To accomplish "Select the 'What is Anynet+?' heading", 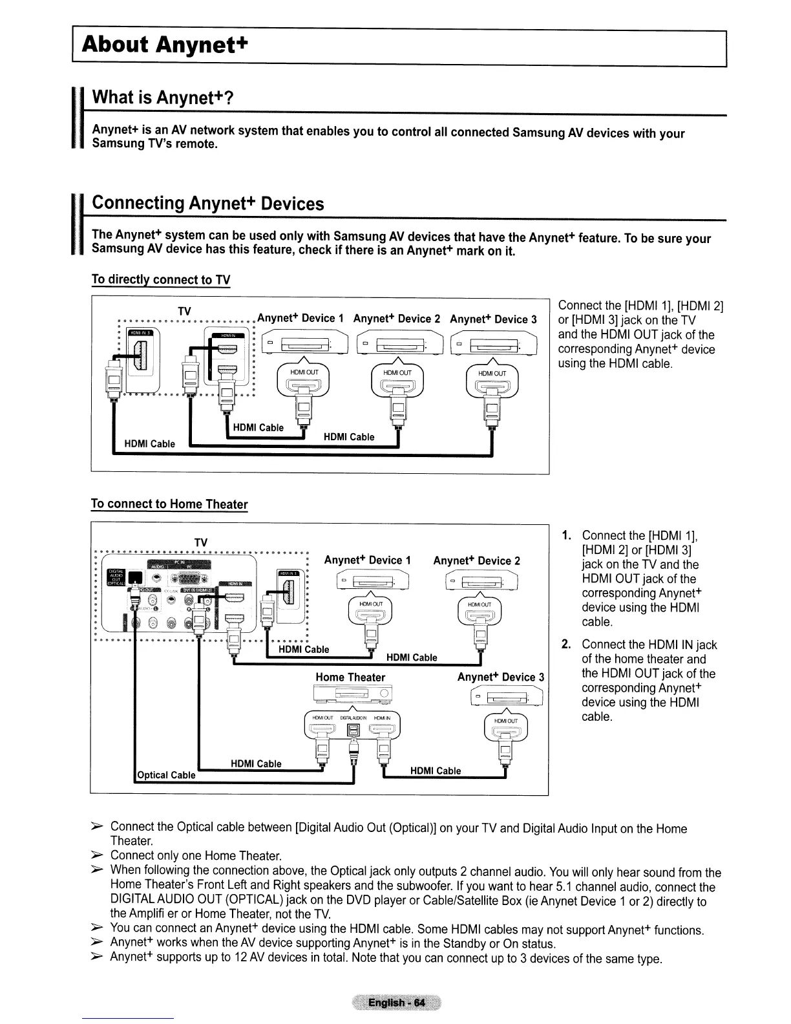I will [162, 98].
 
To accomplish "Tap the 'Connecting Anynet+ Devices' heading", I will [207, 203].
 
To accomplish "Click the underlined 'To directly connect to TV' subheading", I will [160, 280].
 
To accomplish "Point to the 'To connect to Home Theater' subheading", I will [169, 504].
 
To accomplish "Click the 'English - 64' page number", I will [396, 1003].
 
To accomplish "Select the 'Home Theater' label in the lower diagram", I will [350, 677].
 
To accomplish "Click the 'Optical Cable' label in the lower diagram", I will [166, 775].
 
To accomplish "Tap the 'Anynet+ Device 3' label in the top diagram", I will [493, 319].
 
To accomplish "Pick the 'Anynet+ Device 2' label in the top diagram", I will [397, 319].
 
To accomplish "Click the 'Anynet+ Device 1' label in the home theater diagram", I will [368, 560].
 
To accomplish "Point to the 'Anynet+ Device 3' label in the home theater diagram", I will [501, 677].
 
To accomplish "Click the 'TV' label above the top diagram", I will [183, 311].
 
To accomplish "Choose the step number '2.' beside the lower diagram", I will [566, 645].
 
